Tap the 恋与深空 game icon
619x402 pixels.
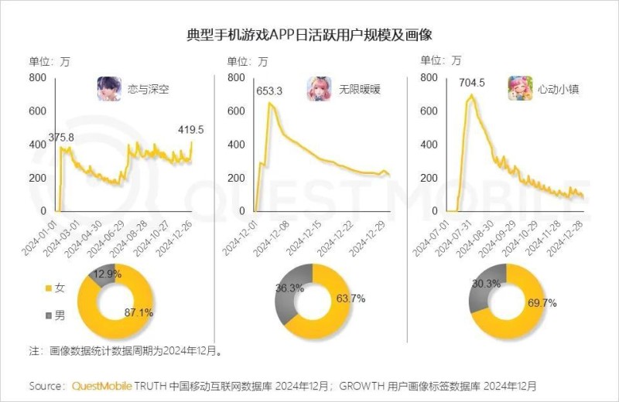pos(108,89)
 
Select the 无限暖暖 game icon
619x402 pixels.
pos(318,89)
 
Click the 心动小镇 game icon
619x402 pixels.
pos(518,89)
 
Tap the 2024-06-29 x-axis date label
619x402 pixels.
pos(110,237)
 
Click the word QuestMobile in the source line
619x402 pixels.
pos(101,385)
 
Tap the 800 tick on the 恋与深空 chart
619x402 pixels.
pos(38,77)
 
